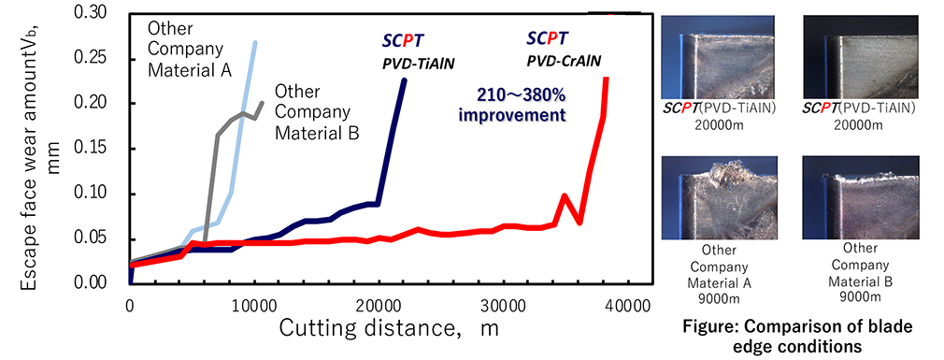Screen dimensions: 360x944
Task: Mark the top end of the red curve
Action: click(607, 79)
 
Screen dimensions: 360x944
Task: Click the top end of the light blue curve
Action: click(255, 42)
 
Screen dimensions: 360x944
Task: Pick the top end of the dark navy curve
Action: click(404, 80)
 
